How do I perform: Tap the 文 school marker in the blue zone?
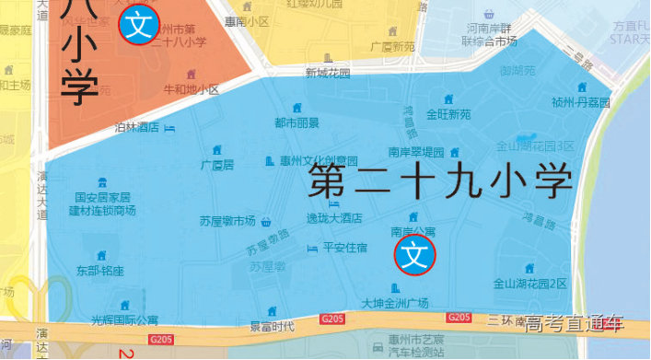pyautogui.click(x=414, y=255)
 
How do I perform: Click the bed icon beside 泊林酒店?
pyautogui.click(x=169, y=128)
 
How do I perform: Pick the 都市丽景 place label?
pyautogui.click(x=296, y=122)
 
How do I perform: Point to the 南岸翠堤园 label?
pyautogui.click(x=416, y=152)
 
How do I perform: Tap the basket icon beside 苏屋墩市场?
pyautogui.click(x=266, y=221)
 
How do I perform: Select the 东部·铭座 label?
pyautogui.click(x=100, y=271)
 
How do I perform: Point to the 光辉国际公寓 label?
pyautogui.click(x=124, y=319)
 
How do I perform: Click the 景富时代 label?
pyautogui.click(x=273, y=326)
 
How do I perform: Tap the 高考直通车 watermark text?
pyautogui.click(x=575, y=324)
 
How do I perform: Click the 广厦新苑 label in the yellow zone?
pyautogui.click(x=392, y=45)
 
